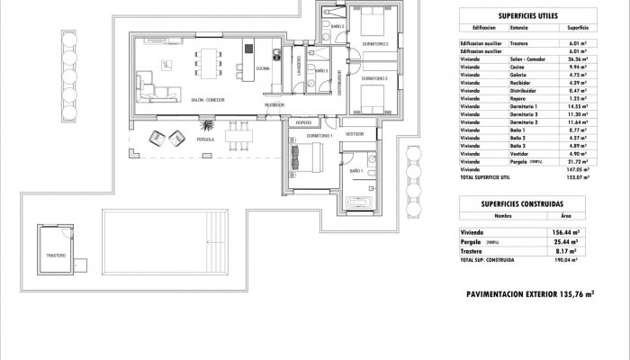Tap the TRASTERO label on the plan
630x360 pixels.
pyautogui.click(x=57, y=256)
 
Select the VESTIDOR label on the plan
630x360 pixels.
pyautogui.click(x=354, y=132)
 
